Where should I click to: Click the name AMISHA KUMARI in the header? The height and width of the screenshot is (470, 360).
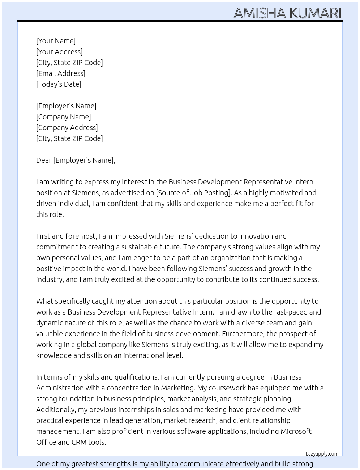click(x=287, y=13)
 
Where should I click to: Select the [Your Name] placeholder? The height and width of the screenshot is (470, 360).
click(x=56, y=41)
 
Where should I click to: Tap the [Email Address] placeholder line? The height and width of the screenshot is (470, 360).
click(x=61, y=73)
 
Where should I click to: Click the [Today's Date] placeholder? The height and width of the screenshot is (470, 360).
click(x=59, y=84)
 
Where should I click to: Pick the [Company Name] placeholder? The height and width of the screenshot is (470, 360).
click(x=64, y=117)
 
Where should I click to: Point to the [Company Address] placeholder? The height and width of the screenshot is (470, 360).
click(x=67, y=128)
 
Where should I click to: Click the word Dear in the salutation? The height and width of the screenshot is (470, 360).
click(x=44, y=160)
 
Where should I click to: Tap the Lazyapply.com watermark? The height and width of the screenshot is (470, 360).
click(x=322, y=454)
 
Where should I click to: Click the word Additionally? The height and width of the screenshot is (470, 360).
click(x=56, y=410)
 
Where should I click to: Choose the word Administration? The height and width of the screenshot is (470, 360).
click(x=60, y=388)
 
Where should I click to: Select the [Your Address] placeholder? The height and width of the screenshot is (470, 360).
click(x=59, y=52)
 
